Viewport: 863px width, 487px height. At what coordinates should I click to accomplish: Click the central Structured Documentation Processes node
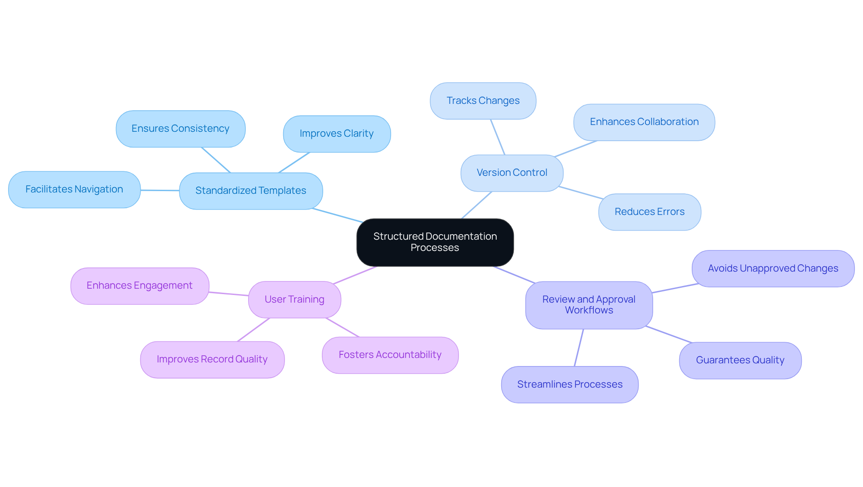[435, 242]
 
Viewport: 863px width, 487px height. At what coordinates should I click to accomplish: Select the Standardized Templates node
[251, 191]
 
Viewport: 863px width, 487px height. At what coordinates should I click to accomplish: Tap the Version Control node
[512, 173]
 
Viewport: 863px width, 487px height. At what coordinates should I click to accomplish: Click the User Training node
[294, 299]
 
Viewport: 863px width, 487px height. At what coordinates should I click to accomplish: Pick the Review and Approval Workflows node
[589, 305]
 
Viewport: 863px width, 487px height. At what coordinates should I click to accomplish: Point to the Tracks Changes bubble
[483, 101]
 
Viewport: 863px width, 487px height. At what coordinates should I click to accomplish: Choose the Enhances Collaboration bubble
[644, 122]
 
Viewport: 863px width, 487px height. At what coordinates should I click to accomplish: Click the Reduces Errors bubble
[649, 212]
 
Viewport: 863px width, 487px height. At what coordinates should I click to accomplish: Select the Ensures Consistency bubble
[180, 129]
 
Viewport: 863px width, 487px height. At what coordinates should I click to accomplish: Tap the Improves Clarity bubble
[336, 134]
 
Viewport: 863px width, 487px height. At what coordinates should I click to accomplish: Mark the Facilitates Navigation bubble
[74, 189]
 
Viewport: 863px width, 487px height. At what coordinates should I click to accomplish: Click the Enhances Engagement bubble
[139, 286]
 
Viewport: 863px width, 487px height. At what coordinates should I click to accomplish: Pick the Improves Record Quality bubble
[212, 359]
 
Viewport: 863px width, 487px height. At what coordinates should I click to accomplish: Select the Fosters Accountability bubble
[390, 355]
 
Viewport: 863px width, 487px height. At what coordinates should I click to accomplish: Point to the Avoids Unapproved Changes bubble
[773, 268]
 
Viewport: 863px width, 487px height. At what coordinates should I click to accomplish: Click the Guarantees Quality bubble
[740, 360]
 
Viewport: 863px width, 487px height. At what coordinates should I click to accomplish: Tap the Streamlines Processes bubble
[569, 384]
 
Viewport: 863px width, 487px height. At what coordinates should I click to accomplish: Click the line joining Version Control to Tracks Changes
[498, 137]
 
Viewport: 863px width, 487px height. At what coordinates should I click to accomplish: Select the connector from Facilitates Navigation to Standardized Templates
[160, 190]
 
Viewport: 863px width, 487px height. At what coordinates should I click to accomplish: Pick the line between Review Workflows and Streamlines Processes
[579, 348]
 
